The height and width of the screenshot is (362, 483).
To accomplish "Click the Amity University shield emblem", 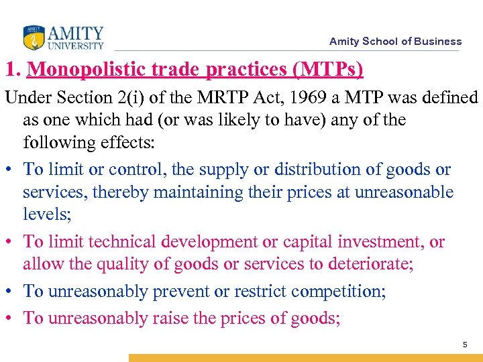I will [33, 38].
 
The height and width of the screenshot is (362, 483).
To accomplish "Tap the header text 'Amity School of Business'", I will [395, 42].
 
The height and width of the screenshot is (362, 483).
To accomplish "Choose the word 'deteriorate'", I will [370, 264].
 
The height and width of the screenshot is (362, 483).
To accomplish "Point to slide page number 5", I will [464, 345].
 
